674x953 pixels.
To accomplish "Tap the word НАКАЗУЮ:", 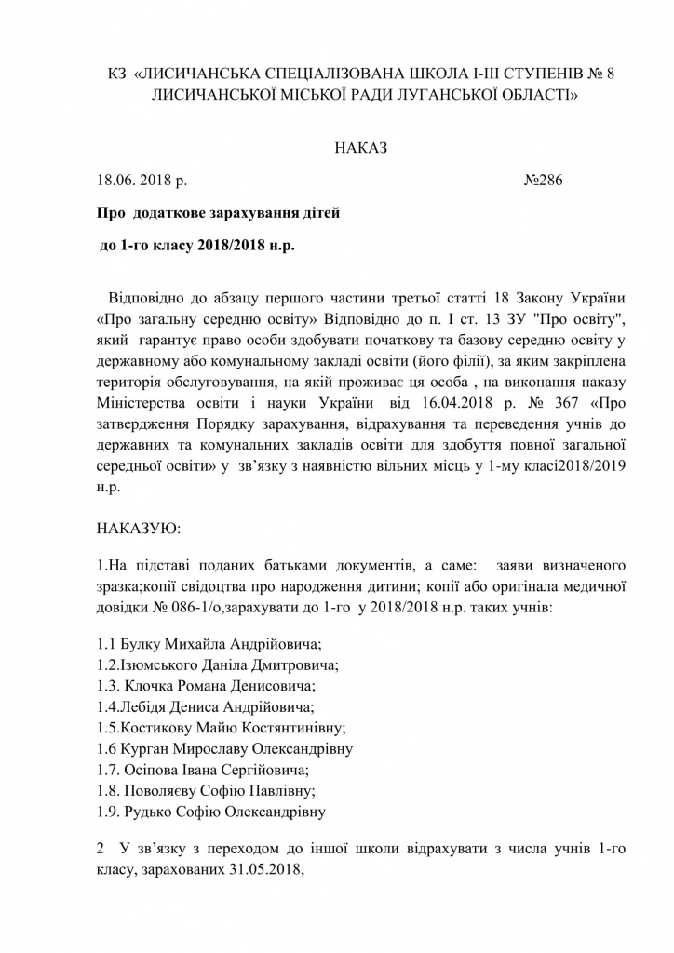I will click(x=139, y=528).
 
